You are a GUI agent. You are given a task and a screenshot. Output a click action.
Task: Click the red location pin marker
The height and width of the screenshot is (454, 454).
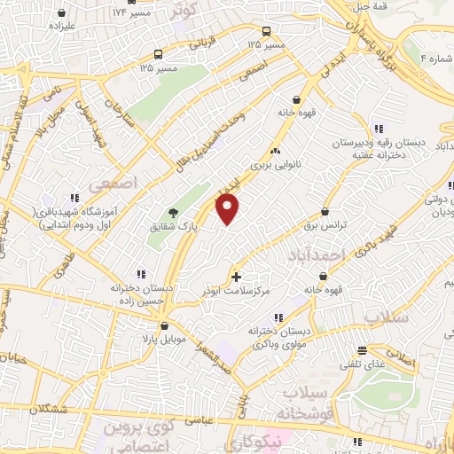click(228, 209)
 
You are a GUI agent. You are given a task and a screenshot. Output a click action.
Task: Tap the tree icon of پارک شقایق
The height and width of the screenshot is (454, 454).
click(174, 213)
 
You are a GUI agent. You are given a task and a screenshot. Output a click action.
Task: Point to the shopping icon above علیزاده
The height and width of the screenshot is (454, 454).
click(61, 13)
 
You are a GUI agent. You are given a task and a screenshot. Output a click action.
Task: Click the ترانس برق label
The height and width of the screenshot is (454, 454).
click(348, 225)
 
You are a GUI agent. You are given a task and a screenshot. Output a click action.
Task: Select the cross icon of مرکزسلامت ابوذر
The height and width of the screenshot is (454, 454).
click(235, 277)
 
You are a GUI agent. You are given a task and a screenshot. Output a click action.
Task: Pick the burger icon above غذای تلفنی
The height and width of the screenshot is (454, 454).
click(362, 350)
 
